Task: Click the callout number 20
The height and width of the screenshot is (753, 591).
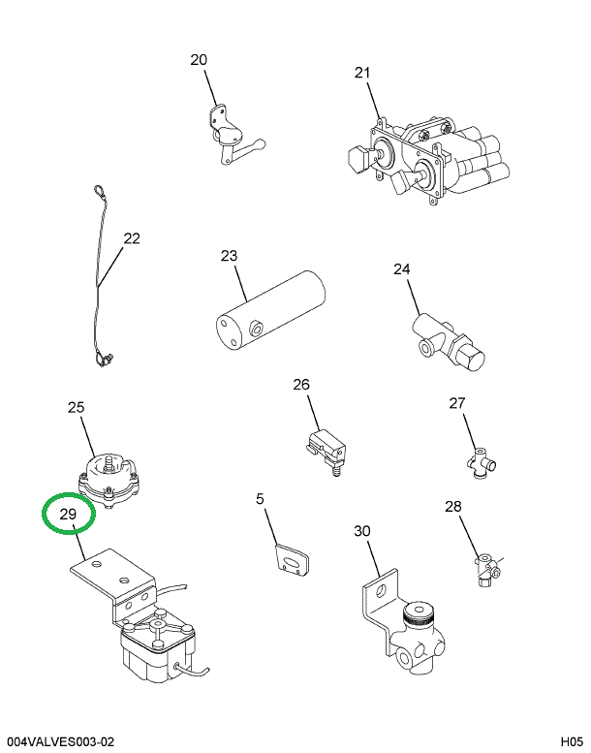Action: pyautogui.click(x=199, y=60)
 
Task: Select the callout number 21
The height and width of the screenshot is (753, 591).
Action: pyautogui.click(x=361, y=72)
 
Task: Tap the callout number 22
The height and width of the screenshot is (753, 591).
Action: pyautogui.click(x=132, y=237)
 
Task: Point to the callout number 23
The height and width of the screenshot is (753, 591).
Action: pyautogui.click(x=229, y=256)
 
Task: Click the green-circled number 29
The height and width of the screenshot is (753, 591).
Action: pyautogui.click(x=68, y=514)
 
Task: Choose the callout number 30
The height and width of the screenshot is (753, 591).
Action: pyautogui.click(x=362, y=530)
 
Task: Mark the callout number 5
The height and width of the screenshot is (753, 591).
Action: pyautogui.click(x=260, y=499)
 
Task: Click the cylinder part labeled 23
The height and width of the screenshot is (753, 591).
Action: pyautogui.click(x=267, y=315)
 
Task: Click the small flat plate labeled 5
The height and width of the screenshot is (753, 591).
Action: pyautogui.click(x=290, y=563)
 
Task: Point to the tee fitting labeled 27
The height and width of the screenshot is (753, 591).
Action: pyautogui.click(x=482, y=463)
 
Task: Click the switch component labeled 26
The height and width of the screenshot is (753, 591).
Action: pyautogui.click(x=323, y=446)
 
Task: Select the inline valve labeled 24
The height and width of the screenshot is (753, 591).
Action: pyautogui.click(x=448, y=343)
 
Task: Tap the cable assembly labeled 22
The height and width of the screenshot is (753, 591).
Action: pyautogui.click(x=100, y=281)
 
